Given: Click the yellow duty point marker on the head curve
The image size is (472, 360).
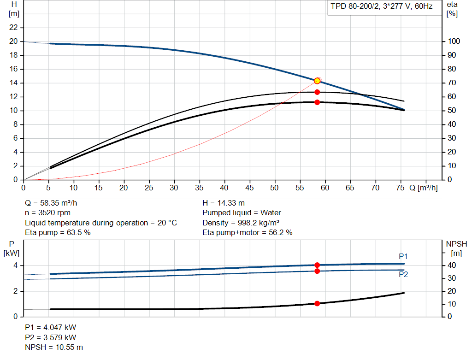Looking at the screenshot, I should coord(317,81).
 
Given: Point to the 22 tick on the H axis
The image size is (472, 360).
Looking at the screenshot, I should coord(14,28).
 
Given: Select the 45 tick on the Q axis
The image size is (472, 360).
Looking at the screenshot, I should coord(249,188).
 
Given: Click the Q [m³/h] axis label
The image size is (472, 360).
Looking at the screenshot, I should coord(423,188).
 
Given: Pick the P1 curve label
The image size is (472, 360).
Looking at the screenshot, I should coord(403,256).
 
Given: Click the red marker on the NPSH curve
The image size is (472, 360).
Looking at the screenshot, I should coord(317,303).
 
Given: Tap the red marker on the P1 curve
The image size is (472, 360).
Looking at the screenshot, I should coord(317,265).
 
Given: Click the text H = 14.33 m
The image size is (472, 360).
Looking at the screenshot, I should coord(224,203).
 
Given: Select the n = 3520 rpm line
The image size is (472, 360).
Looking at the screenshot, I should coord(48,213).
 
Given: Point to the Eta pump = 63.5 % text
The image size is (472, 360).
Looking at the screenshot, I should coord(58,233).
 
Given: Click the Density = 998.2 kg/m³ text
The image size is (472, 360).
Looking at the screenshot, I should coord(241,223).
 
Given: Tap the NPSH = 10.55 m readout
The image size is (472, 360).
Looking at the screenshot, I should coord(54,347).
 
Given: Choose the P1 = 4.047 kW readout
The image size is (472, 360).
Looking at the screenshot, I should coord(50,327).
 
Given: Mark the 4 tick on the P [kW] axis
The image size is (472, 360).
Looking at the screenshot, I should coord(15,266).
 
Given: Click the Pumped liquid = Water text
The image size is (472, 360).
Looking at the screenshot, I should coord(242,213).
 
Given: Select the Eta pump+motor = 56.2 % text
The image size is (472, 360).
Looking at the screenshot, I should coord(248,233).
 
